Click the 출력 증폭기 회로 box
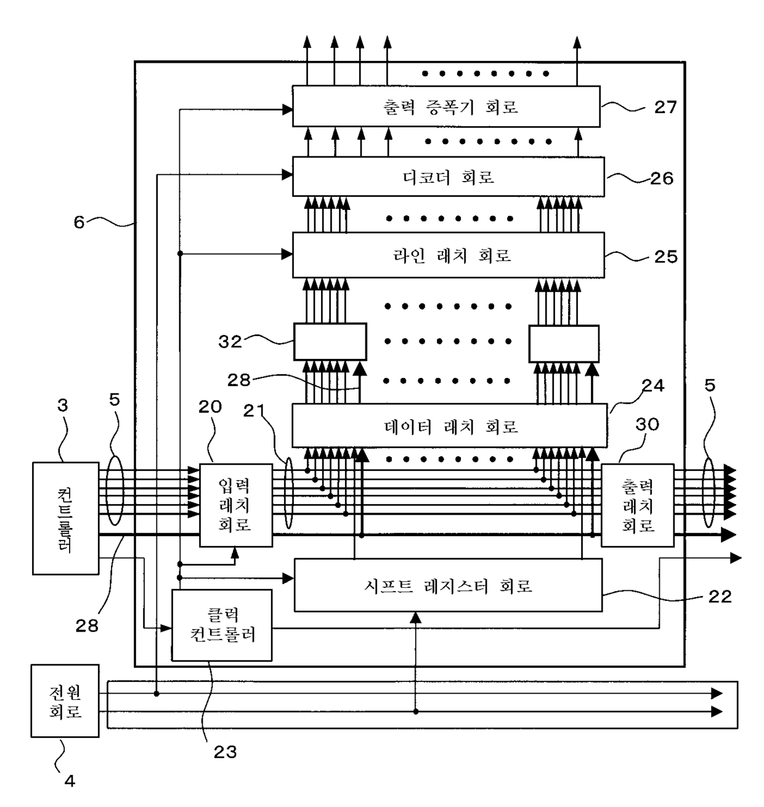pos(446,106)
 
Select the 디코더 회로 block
pos(448,177)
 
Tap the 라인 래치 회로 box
pos(448,255)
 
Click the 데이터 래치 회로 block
pos(449,425)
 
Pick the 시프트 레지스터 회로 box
pos(448,585)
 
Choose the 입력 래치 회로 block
pos(236,505)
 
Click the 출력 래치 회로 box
pos(638,505)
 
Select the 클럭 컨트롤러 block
pos(222,625)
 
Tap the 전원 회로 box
pos(65,701)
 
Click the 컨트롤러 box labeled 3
pos(66,518)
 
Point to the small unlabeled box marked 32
pos(330,342)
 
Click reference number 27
pos(665,107)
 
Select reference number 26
pos(662,179)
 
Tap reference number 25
pos(666,257)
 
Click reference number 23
pos(226,752)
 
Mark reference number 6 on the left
pos(79,222)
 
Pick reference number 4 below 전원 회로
pos(70,781)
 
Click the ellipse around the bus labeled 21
pos(289,493)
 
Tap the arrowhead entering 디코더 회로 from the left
pos(287,175)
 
